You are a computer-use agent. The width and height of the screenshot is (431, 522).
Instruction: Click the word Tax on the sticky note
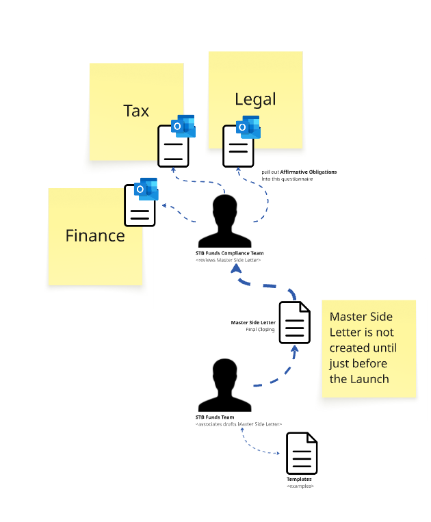pos(136,111)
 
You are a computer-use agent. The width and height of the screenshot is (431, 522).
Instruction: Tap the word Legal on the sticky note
pos(255,99)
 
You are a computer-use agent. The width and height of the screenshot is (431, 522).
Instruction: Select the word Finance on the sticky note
pos(95,236)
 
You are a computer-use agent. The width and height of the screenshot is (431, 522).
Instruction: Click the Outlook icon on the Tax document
pos(183,126)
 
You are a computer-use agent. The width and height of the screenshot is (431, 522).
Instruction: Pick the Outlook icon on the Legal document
pos(248,127)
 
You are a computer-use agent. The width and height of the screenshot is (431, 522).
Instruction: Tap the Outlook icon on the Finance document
pos(146,189)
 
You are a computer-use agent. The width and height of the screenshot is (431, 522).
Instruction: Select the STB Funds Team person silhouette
pos(224,385)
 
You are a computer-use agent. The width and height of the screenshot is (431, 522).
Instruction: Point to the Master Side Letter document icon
pos(295,322)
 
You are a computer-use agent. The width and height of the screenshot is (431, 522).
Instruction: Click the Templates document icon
pos(302,453)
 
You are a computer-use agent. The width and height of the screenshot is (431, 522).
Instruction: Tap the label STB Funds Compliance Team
pos(229,253)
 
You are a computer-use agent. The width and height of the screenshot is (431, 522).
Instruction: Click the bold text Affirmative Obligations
pos(308,172)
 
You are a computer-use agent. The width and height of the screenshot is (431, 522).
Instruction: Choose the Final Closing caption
pos(260,330)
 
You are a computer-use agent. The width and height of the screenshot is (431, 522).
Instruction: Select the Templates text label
pos(299,479)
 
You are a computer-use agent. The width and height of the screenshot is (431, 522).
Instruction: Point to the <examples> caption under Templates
pos(300,486)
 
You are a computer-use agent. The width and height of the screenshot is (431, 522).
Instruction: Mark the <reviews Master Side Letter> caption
pos(228,260)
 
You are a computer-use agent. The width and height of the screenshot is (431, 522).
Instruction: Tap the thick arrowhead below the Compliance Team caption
pos(237,269)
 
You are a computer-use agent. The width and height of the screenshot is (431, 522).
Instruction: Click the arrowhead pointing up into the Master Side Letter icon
pos(295,349)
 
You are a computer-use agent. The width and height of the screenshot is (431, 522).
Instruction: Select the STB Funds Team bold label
pos(215,417)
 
